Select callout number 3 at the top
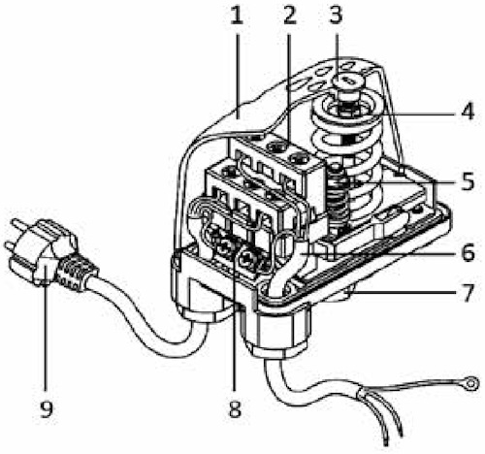coord(336,16)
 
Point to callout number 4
coord(468,111)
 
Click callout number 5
coord(468,181)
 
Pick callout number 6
coord(468,252)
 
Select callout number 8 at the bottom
coord(235,408)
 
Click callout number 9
coord(47,408)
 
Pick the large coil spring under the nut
coord(346,155)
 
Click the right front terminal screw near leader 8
coord(248,259)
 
